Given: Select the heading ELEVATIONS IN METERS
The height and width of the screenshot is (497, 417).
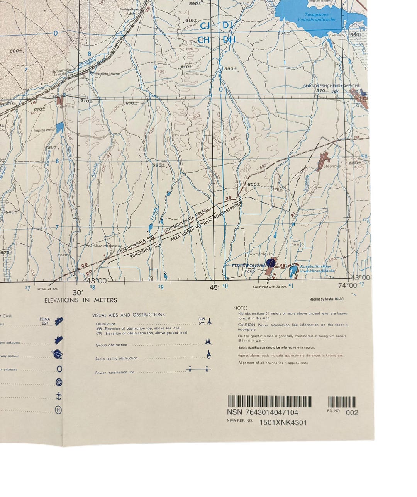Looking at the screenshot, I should click(81, 300).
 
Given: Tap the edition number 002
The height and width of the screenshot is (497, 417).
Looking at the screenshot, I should click(352, 413).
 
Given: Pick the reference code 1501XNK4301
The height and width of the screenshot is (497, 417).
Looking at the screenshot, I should click(283, 422).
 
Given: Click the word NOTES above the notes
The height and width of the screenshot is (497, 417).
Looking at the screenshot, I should click(241, 308).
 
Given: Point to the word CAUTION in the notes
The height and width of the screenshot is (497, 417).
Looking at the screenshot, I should click(247, 325).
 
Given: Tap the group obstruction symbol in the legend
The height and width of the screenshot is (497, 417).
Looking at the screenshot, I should click(208, 342).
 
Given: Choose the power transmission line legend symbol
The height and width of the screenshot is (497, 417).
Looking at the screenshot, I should click(198, 370).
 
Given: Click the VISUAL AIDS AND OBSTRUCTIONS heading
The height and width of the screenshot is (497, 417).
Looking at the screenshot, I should click(129, 315).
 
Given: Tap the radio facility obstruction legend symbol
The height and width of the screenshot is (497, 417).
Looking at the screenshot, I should click(208, 354).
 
